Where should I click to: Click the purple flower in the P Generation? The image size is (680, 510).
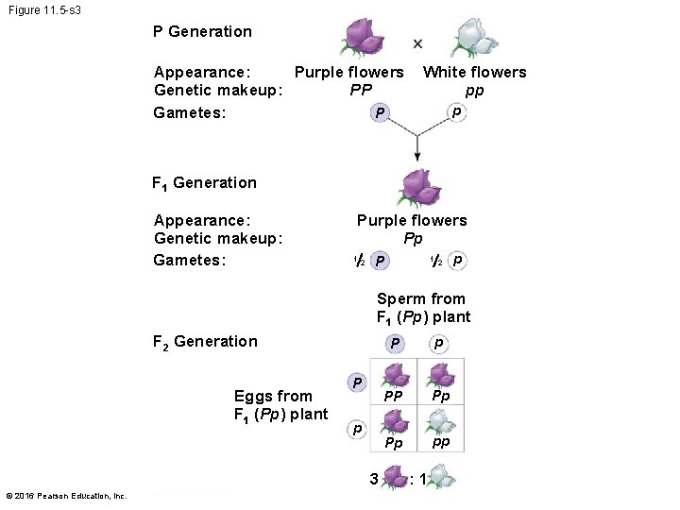click(362, 38)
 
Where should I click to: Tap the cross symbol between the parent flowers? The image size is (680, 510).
click(417, 43)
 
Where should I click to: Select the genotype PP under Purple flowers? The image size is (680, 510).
click(361, 91)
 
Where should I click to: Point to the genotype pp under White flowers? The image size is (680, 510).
click(474, 91)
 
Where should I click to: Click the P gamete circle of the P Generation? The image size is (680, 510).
click(380, 113)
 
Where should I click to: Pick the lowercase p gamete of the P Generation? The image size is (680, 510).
click(456, 112)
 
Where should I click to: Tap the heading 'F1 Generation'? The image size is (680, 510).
click(204, 183)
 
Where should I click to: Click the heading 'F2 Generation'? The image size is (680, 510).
click(204, 342)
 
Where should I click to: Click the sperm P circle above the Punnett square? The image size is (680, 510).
click(396, 343)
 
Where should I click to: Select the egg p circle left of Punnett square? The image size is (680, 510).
click(356, 429)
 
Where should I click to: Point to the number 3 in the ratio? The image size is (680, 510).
click(375, 479)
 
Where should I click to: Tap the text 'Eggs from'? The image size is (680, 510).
click(273, 396)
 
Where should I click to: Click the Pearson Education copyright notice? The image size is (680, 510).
click(66, 496)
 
